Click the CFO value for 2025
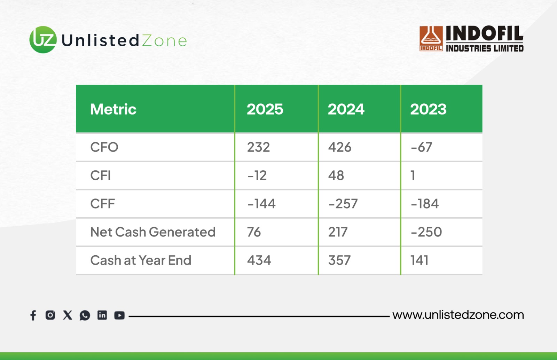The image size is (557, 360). [x=258, y=147]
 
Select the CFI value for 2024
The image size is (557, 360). [x=336, y=175]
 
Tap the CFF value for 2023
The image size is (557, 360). [x=425, y=204]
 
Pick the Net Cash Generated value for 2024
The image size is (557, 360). [x=338, y=232]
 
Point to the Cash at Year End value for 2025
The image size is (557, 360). [x=259, y=260]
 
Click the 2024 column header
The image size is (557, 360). [x=346, y=109]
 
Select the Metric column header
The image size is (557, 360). [x=113, y=109]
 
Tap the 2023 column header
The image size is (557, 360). [x=428, y=109]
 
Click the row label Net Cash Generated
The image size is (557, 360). [x=153, y=232]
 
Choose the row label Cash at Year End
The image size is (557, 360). [x=141, y=260]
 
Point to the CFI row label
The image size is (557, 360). [x=101, y=175]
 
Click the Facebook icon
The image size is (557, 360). [x=33, y=315]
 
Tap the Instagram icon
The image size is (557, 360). [x=50, y=315]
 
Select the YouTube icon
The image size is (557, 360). [x=119, y=315]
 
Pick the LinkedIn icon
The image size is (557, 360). [x=102, y=315]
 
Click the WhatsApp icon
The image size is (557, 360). [x=85, y=315]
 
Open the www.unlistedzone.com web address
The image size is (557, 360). [x=458, y=315]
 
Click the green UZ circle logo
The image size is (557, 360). [x=43, y=40]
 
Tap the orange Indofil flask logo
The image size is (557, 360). [x=431, y=39]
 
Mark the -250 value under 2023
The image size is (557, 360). [x=426, y=232]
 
